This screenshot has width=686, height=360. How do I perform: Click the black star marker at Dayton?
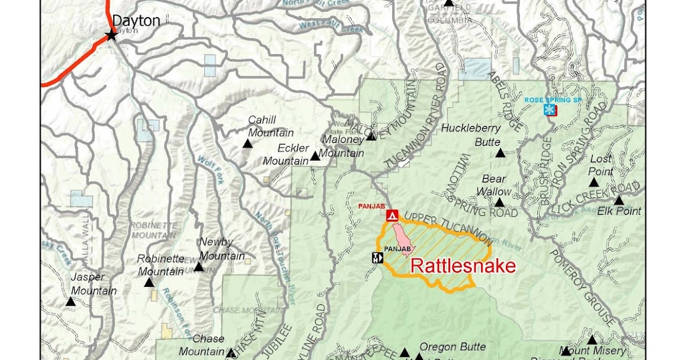pos(111,35)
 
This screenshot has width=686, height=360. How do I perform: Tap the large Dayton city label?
pos(135,21)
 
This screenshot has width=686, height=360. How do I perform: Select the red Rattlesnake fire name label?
pos(463,266)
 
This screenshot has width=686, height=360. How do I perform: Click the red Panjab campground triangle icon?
pos(392,215)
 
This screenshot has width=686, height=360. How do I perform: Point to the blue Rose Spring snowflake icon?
pos(549,110)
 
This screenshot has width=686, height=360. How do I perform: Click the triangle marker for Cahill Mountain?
pos(248,144)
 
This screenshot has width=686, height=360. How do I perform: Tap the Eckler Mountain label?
pos(286,155)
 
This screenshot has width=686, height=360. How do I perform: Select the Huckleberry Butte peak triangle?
pos(500,153)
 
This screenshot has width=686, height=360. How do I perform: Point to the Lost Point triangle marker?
pos(594,183)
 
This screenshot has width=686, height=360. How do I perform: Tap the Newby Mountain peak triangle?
pos(198,267)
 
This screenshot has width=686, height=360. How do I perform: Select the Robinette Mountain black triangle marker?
pos(149,283)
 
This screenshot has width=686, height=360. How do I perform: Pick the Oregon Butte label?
pos(453,347)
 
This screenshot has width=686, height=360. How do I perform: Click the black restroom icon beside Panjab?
pos(377,258)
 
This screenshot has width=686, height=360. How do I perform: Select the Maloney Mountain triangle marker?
pos(371,137)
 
